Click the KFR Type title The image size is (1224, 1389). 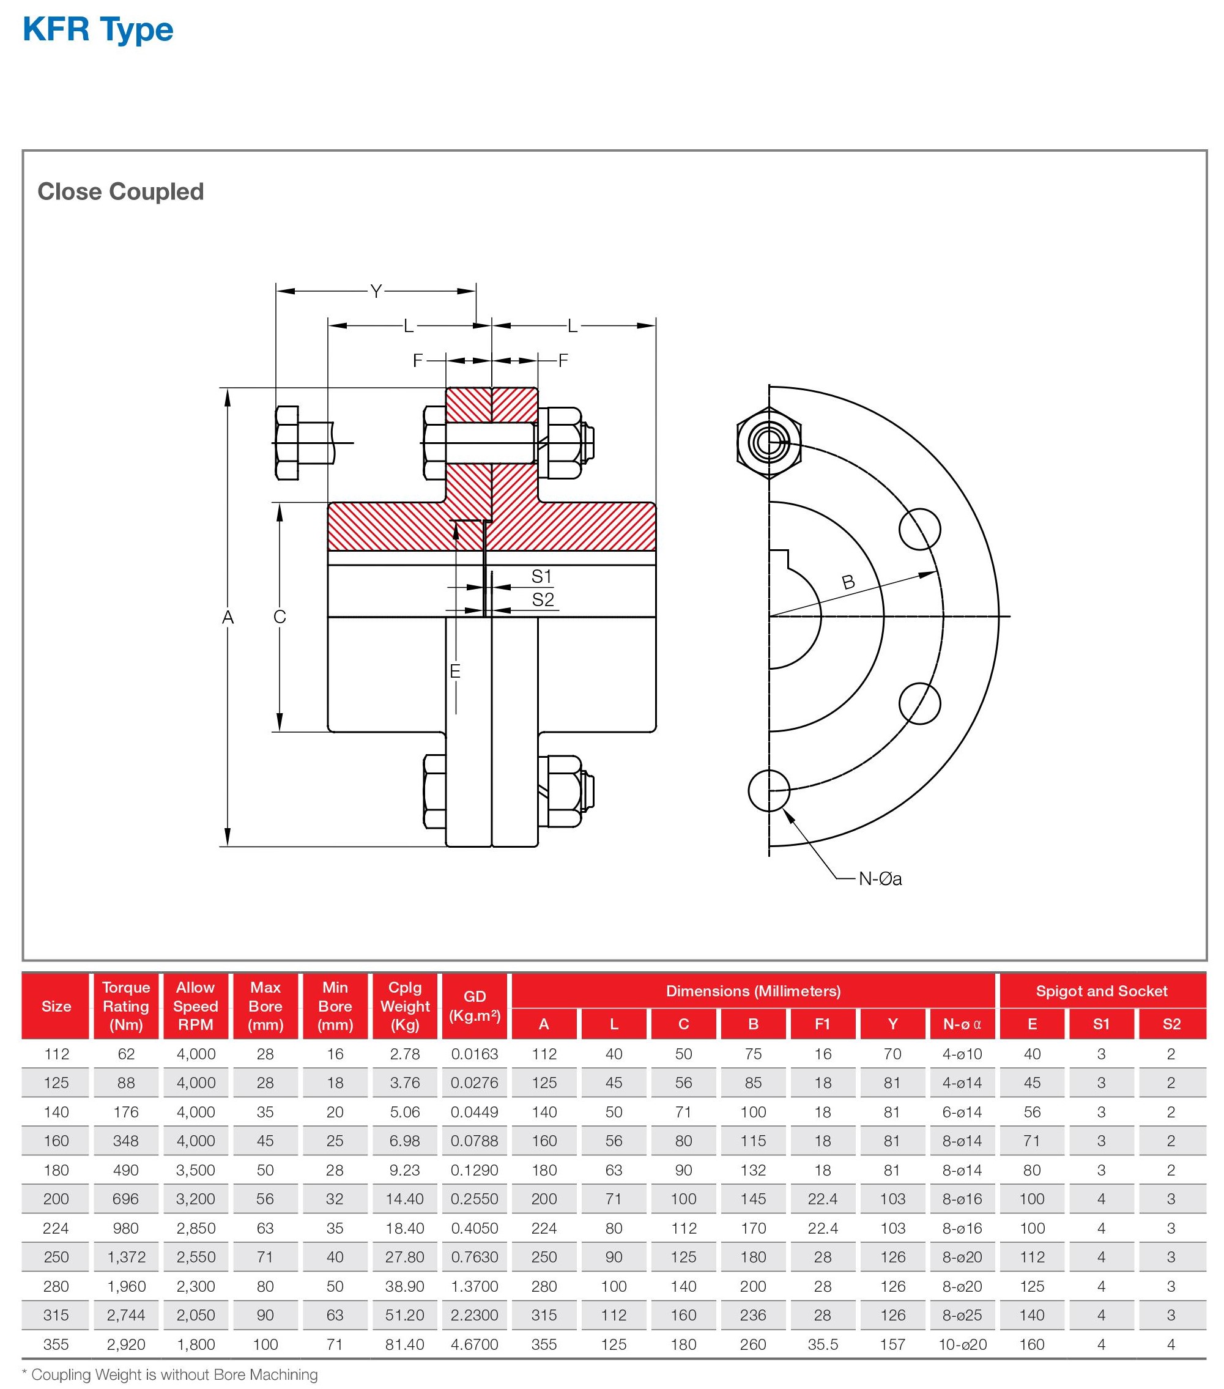point(98,30)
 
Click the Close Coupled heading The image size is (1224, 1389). point(121,191)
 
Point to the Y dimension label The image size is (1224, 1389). point(376,292)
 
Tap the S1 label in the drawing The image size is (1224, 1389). point(541,576)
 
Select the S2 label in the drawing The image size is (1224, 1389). point(543,599)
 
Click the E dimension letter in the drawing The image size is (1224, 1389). point(455,672)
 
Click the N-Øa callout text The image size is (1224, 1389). point(880,879)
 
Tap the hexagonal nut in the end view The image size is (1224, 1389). point(769,443)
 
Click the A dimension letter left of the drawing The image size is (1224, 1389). point(228,617)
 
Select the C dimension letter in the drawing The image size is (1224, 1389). point(280,617)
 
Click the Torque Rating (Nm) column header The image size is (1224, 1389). point(126,1006)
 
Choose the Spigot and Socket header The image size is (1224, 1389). point(1101,991)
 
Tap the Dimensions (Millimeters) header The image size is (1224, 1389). point(753,991)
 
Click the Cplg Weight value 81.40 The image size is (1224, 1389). point(404,1344)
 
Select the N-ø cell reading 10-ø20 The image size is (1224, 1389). point(962,1344)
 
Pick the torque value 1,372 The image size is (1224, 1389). point(126,1257)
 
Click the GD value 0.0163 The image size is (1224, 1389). point(475,1054)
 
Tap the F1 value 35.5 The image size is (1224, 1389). point(822,1344)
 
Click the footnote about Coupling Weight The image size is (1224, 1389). point(170,1374)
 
